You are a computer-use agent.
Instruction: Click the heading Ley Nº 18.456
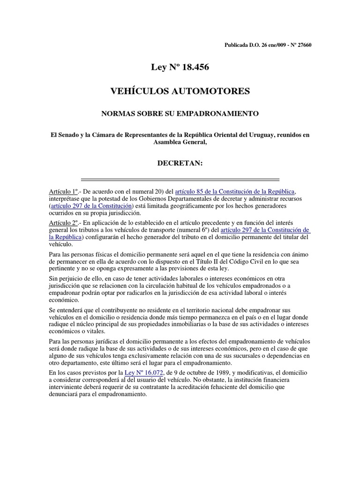(180, 68)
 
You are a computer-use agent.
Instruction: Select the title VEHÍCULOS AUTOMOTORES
(180, 91)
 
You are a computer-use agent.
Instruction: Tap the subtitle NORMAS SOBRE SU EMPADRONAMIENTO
(180, 113)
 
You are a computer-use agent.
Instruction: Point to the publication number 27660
(302, 45)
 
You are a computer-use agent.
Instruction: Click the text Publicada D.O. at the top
(240, 45)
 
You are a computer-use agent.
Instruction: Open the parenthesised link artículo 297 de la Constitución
(91, 206)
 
